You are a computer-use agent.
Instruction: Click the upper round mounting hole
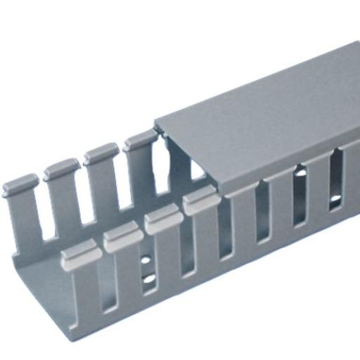[146, 259]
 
